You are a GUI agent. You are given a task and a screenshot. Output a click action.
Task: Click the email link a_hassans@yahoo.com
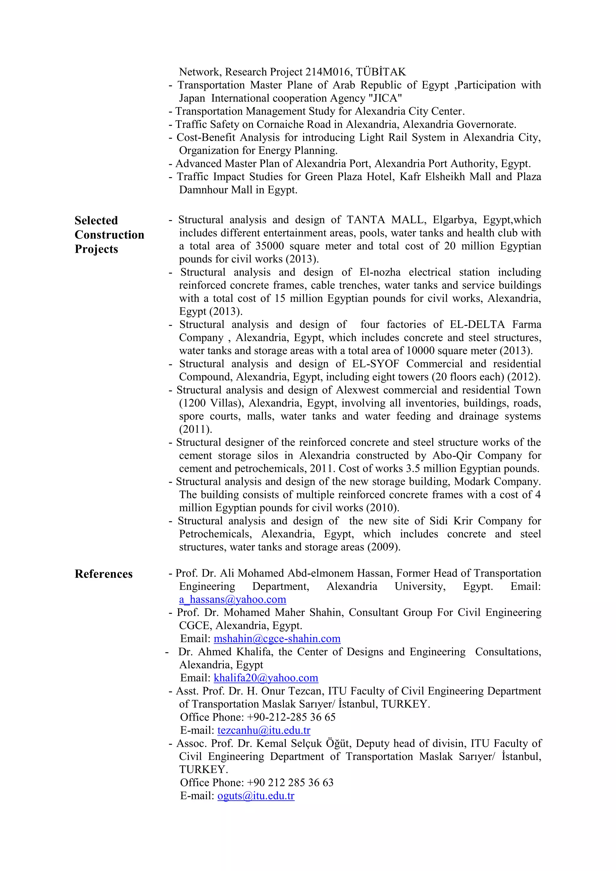[233, 599]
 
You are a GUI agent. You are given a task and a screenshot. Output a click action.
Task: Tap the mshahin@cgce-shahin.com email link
[277, 639]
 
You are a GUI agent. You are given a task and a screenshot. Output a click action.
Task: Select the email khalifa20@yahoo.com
[266, 678]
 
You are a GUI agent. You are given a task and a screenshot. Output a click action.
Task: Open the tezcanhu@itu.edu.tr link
[263, 730]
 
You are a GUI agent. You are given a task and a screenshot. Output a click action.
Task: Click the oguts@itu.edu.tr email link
[256, 796]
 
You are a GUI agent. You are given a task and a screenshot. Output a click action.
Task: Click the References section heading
[103, 574]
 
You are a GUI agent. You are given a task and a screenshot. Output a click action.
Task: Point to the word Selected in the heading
[96, 220]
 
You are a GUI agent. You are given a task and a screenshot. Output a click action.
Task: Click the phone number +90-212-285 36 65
[291, 717]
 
